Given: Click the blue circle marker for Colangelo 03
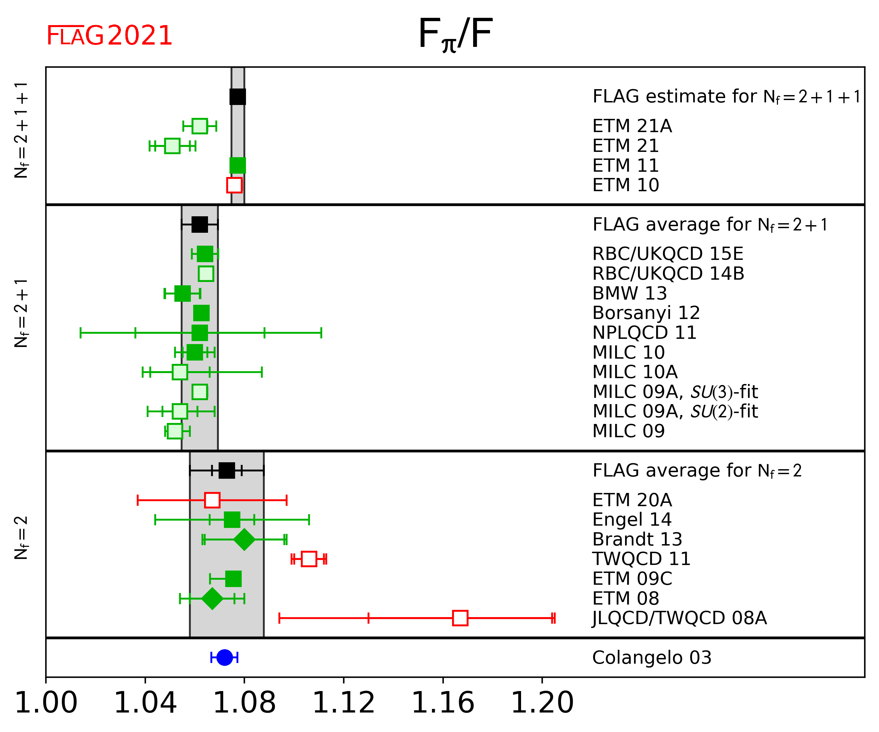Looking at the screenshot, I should pos(225,657).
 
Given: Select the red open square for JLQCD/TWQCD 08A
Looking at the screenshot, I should pos(460,618).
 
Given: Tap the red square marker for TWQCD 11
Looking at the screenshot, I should pos(309,559).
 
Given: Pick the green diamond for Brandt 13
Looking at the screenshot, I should pos(244,540).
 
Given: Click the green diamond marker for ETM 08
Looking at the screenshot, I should pos(212,599).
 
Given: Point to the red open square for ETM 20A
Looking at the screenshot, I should pos(212,500).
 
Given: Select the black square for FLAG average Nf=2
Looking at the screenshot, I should pos(227,471).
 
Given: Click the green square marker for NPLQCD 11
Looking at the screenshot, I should pos(200,333).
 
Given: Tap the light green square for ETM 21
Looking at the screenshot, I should pos(172,146).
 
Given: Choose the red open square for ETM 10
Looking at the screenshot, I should pos(234,185).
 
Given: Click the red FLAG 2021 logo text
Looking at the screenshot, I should pos(109,36).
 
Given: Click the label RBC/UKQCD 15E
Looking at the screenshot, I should pos(668,254).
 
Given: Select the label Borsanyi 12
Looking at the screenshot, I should pos(646,313).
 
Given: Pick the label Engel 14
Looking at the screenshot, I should pos(632,520).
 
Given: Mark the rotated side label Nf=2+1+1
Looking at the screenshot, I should pos(21,130).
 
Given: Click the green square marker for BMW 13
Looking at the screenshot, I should pos(183,294).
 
